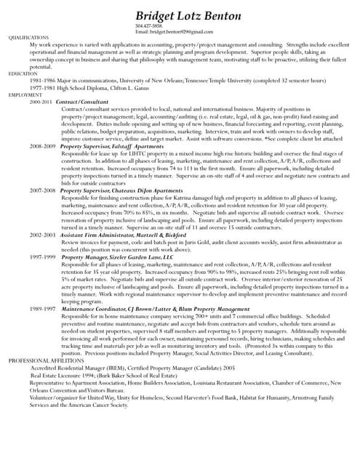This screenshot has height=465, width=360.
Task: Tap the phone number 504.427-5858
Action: coord(148,27)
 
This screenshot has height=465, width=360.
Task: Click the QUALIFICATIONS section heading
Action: coord(28,37)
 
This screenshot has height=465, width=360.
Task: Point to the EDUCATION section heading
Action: coord(23,73)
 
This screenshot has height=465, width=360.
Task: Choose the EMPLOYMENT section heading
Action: coord(25,95)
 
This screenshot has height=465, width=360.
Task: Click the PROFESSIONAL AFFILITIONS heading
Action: coord(47,360)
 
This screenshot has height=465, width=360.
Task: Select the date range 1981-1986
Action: coord(43,81)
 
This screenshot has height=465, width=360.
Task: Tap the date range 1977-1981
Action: coord(43,88)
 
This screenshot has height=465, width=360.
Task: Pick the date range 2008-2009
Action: coord(42,146)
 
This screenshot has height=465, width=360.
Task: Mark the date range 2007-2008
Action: coord(42,190)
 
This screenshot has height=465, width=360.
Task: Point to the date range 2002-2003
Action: coord(42,235)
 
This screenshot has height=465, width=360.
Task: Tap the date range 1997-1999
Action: coord(42,256)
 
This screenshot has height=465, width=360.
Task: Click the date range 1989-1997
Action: coord(42,308)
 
